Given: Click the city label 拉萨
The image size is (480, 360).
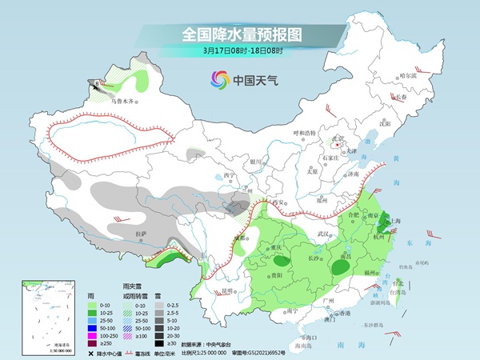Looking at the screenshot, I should point(142,233).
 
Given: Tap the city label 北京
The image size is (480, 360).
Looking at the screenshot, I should point(338,138).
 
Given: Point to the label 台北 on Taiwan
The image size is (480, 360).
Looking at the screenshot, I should point(398,282).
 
